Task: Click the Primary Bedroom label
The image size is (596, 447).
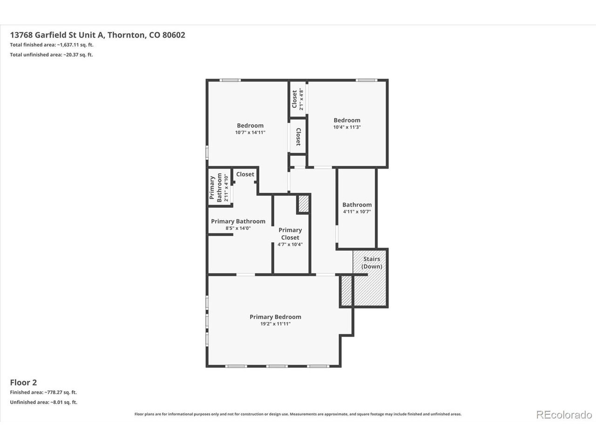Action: [x=275, y=317]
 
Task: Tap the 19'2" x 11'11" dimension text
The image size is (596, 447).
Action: [x=275, y=324]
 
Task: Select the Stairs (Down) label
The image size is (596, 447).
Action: [x=372, y=263]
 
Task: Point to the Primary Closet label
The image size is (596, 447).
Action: [x=290, y=234]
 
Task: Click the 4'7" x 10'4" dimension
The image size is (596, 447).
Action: [x=290, y=244]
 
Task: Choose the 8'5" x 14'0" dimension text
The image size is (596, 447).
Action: [x=238, y=228]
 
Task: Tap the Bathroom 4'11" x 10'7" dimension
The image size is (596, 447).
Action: [x=357, y=212]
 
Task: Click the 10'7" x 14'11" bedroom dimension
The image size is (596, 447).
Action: [x=250, y=132]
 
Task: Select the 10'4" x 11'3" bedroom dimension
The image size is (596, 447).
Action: [x=347, y=127]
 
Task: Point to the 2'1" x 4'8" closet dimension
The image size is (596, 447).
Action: [x=301, y=99]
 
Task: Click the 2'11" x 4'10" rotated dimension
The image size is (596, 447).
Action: [x=226, y=188]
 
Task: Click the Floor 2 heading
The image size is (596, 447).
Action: [x=23, y=382]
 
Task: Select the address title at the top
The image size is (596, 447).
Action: [x=97, y=35]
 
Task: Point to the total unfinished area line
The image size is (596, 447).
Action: [x=51, y=54]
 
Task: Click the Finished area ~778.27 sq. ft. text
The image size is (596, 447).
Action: [x=43, y=392]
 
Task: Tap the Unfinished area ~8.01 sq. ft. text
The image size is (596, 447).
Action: [x=44, y=402]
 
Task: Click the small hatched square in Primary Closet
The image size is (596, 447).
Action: [x=304, y=204]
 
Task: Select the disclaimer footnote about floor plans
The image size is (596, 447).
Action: [x=298, y=414]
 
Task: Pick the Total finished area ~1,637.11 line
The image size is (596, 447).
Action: [x=52, y=45]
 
